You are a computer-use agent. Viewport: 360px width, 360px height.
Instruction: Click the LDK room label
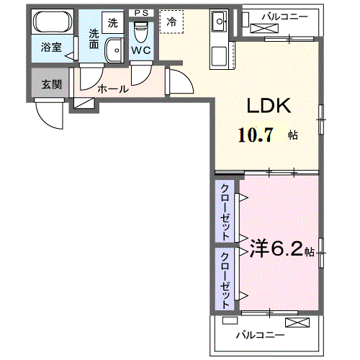268,106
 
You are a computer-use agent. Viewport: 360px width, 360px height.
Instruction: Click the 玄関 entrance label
50,84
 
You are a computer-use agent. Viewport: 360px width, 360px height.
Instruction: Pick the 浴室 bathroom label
50,48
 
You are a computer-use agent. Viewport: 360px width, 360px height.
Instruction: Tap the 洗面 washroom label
94,38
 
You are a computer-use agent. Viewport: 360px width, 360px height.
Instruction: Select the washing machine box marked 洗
114,23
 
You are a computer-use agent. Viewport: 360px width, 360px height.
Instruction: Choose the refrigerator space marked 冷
171,22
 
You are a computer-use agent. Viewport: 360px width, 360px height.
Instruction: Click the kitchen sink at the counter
220,22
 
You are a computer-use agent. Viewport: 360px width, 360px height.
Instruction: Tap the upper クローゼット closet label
225,212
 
